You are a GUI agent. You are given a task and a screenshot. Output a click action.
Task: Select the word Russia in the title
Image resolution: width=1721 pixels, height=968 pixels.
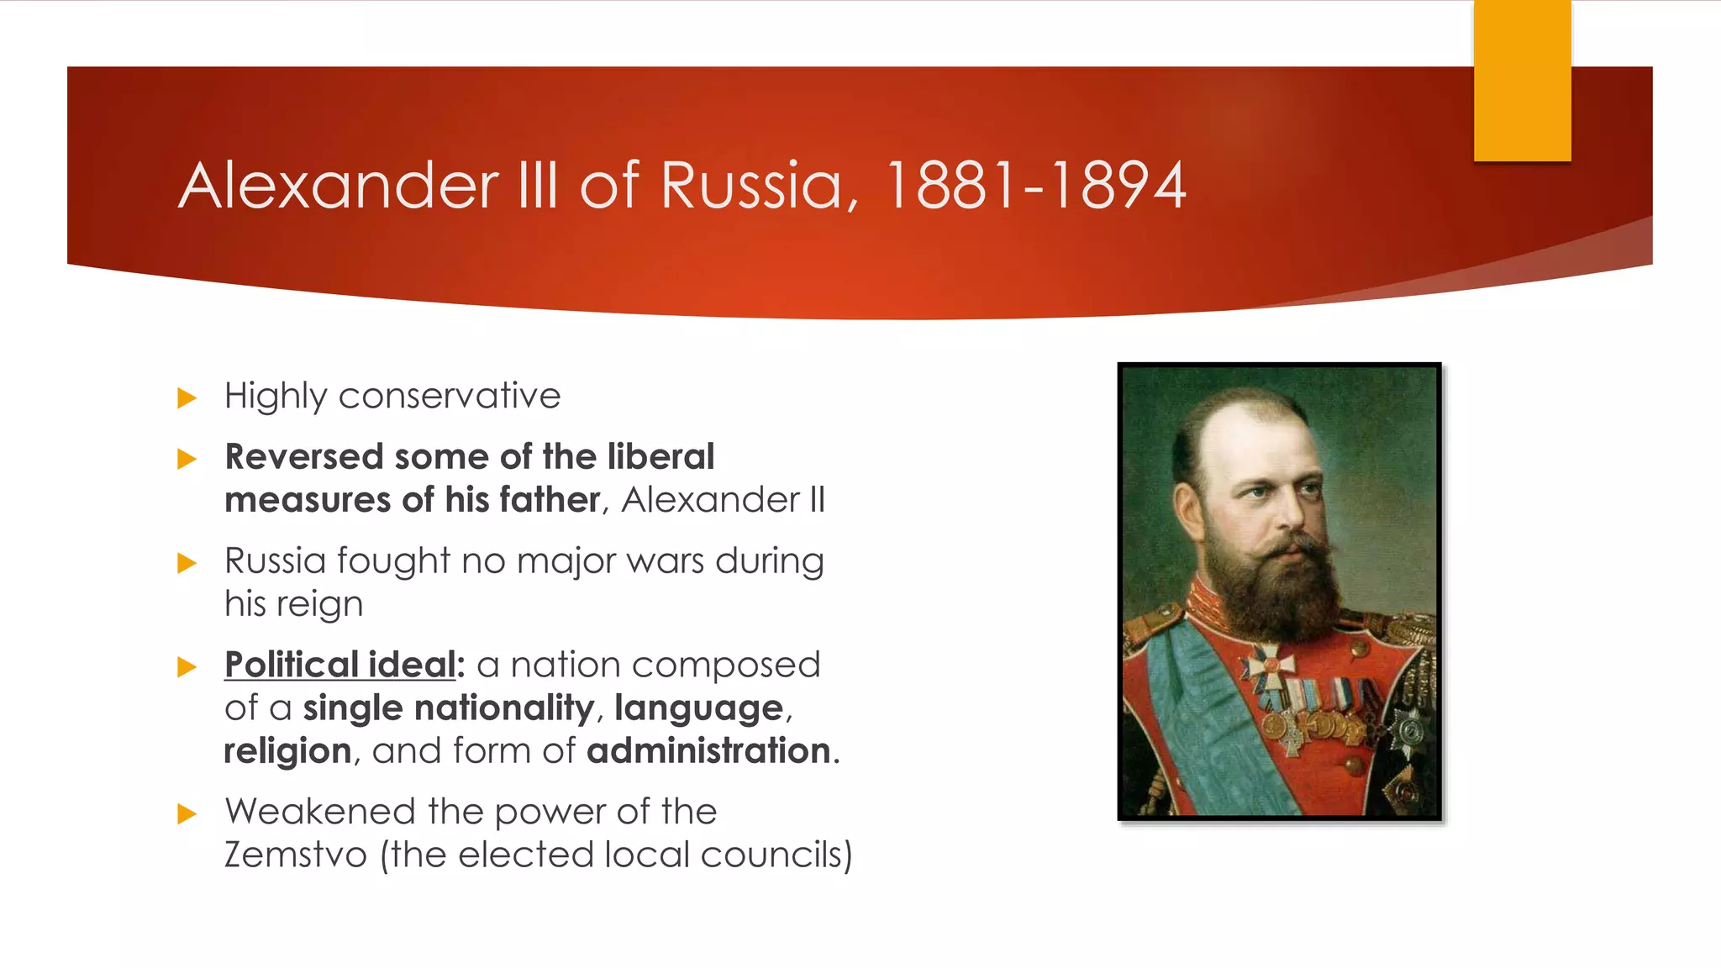click(x=751, y=186)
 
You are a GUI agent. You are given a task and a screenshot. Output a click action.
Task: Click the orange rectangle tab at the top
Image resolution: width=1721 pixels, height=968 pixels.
click(x=1522, y=81)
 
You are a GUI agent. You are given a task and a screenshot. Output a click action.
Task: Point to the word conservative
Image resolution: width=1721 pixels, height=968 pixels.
click(x=449, y=396)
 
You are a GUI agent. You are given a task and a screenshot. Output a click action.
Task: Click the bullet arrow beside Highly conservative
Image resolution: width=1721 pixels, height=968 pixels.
click(x=187, y=397)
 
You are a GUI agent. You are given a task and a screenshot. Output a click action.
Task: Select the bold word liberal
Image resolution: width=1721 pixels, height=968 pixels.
click(x=661, y=457)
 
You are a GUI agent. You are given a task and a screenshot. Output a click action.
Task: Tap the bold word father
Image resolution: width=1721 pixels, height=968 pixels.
click(x=550, y=500)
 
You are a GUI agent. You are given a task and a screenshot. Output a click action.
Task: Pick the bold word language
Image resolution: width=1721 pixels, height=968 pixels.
click(x=698, y=708)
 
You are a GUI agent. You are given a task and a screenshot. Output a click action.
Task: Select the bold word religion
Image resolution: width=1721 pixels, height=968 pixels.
click(x=287, y=751)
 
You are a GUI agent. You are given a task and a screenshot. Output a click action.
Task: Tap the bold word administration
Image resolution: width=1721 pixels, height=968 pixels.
click(x=709, y=751)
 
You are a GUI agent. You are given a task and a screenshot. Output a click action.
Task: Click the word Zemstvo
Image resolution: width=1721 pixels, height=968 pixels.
click(x=295, y=855)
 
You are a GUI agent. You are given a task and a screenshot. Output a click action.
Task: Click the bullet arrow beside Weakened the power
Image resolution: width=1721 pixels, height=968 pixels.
click(x=187, y=813)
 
